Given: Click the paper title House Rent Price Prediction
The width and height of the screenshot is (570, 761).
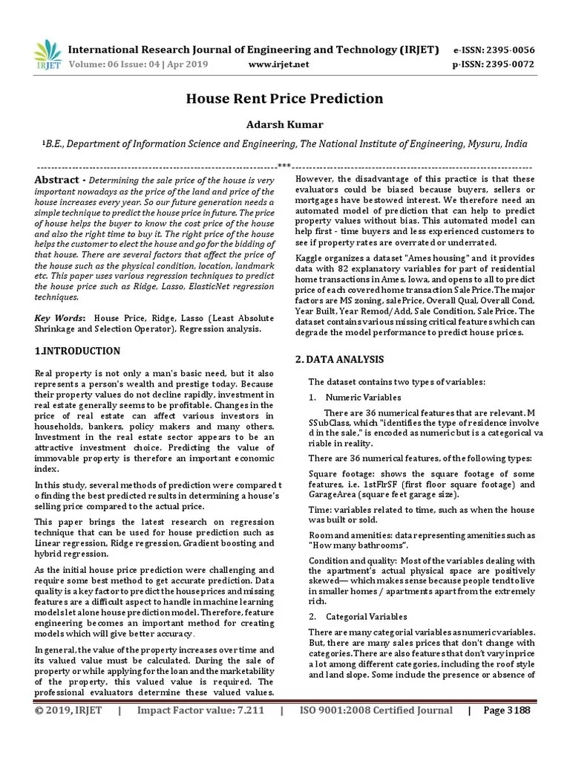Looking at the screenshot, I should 284,98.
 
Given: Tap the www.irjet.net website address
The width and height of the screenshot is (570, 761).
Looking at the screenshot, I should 278,64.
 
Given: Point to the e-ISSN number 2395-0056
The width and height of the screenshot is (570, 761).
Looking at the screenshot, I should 508,50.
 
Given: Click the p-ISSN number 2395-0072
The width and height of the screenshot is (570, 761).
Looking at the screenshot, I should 508,64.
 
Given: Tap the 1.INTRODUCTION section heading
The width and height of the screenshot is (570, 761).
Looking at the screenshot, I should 77,350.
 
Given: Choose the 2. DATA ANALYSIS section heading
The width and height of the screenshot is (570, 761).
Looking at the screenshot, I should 339,359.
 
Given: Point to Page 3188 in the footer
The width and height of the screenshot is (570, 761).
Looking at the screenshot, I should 507,732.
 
